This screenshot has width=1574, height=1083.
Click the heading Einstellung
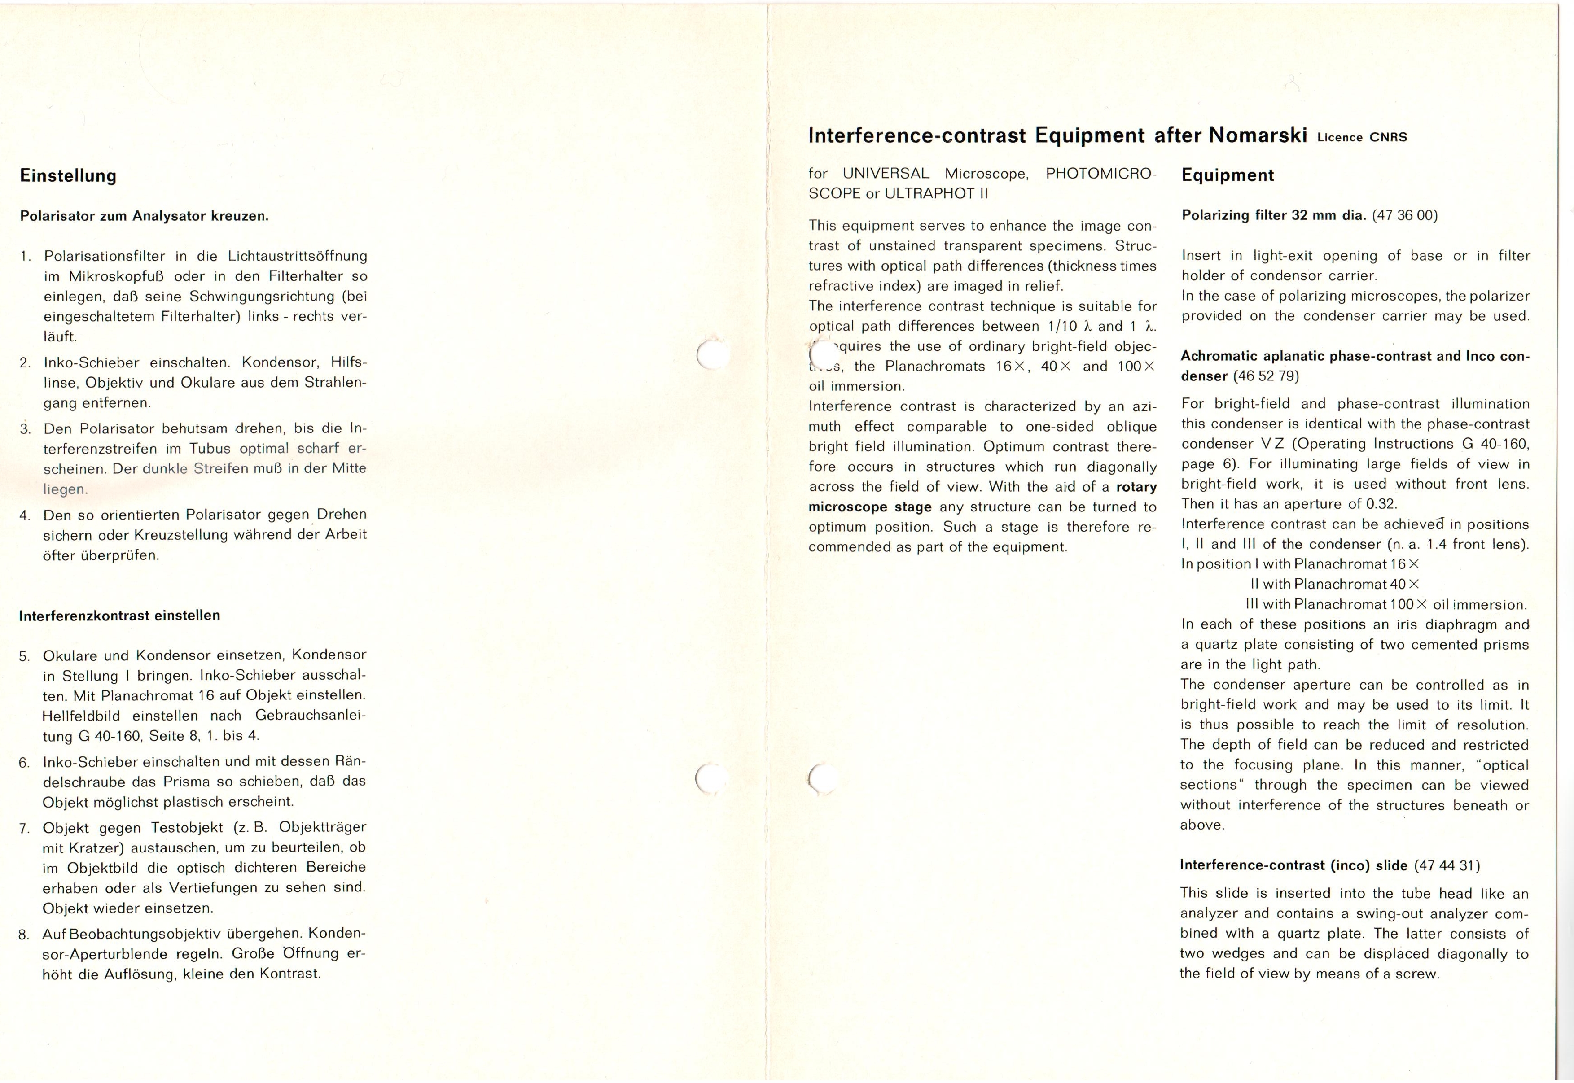click(x=68, y=176)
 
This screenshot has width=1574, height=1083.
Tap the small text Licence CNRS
click(x=1362, y=138)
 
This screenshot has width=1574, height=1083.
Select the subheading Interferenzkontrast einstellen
click(x=119, y=616)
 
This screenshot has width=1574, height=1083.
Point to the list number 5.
click(x=24, y=656)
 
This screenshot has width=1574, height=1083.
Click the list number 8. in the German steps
click(x=24, y=935)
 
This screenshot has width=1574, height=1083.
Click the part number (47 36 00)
click(x=1404, y=216)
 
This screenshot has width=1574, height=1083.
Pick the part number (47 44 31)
click(x=1447, y=866)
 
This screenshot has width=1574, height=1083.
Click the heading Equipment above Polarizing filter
click(x=1227, y=176)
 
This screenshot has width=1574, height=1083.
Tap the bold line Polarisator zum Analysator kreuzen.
click(x=145, y=216)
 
